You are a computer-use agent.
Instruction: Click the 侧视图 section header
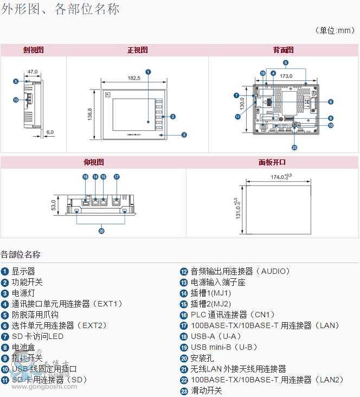click(x=34, y=50)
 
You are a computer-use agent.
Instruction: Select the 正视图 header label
click(x=137, y=50)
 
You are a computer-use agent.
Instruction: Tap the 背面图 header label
click(x=283, y=50)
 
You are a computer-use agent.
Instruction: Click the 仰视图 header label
click(x=93, y=162)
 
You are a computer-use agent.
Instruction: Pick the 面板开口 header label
click(x=272, y=162)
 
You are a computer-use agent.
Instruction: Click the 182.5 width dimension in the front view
click(x=134, y=78)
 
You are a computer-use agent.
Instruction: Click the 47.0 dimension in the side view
click(x=33, y=72)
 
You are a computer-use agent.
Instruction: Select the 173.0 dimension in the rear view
click(x=286, y=76)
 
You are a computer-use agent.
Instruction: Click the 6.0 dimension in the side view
click(x=50, y=132)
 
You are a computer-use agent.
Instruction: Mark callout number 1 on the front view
click(x=148, y=71)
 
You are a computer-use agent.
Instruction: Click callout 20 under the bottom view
click(x=101, y=230)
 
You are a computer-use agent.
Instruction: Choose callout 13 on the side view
click(x=16, y=100)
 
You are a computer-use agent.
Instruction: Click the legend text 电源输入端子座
click(x=218, y=282)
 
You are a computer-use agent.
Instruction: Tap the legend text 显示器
click(x=23, y=271)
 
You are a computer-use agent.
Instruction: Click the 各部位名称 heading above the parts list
click(x=21, y=254)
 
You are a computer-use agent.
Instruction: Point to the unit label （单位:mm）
click(x=335, y=30)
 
